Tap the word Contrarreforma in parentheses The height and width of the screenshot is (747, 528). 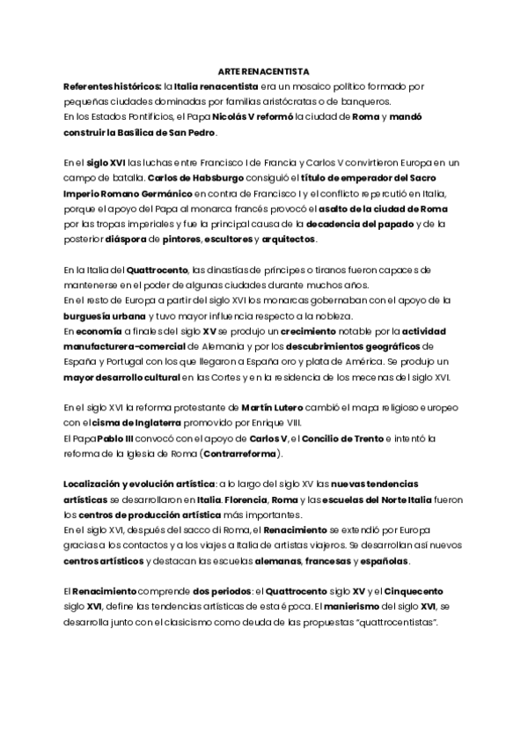[x=241, y=454]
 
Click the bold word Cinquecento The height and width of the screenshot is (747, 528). [x=415, y=593]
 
